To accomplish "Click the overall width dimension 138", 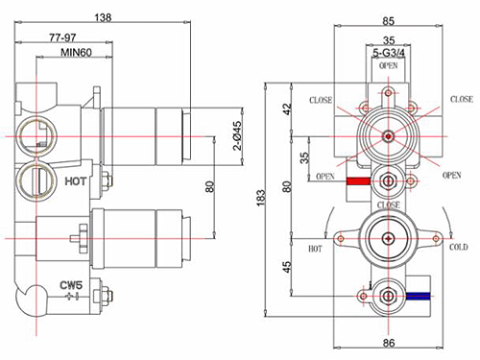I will click(104, 16).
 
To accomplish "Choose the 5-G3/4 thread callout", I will click(387, 54).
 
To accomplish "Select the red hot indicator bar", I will click(359, 180).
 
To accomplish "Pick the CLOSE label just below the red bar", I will click(388, 204).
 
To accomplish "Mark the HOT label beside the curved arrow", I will click(315, 247).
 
